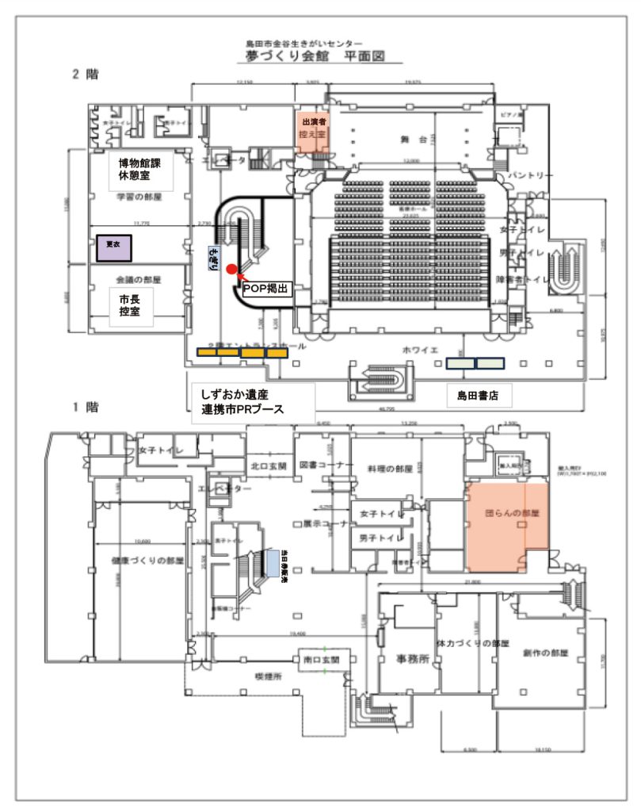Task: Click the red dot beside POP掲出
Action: pos(231,270)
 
